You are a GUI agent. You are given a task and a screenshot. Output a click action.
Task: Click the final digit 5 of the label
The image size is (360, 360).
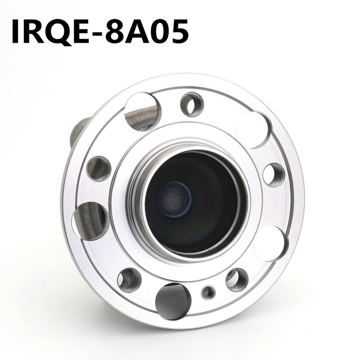point(178,31)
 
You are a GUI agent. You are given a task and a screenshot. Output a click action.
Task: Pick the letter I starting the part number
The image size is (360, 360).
point(16,31)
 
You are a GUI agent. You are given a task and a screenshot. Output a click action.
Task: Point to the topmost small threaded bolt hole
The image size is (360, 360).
point(192,104)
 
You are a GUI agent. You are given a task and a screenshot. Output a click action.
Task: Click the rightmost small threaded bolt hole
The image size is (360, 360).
point(274,175)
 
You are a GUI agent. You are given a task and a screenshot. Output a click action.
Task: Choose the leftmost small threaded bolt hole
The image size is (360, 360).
point(99,168)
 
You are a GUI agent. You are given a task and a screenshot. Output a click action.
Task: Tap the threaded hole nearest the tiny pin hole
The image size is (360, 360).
point(237,280)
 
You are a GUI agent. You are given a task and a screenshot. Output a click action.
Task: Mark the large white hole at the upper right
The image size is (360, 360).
point(253,130)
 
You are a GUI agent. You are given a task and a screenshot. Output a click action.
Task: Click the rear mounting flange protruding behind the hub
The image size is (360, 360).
point(76,133)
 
